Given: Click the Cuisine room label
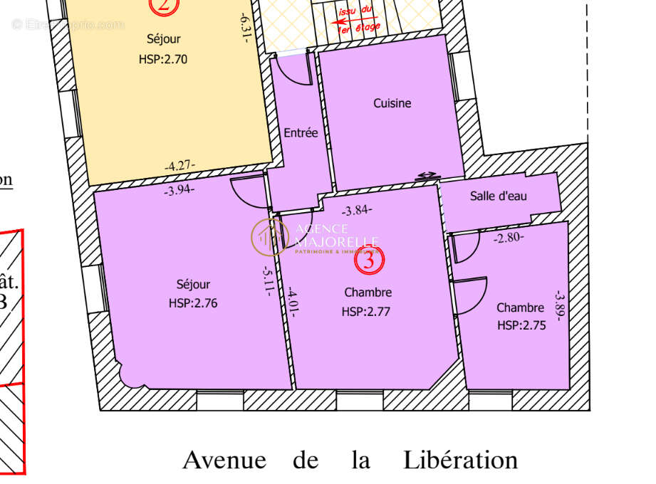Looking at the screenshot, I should coord(392,103).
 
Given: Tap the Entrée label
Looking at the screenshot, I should coord(301,132).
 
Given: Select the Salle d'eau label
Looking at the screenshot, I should coord(499,196).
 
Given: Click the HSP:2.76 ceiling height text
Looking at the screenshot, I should coord(193,302).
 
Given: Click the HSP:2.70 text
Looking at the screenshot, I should coord(163,59).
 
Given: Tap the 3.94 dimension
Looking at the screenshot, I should coord(179,191).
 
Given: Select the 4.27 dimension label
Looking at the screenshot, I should coord(180,166).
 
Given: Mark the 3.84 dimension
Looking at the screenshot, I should coord(357,210).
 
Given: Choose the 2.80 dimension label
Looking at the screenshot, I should coord(509,238).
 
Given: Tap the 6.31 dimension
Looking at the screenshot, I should coord(244,27).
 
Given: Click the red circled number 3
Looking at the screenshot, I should coord(369,260).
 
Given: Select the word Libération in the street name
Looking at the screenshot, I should coord(460,460).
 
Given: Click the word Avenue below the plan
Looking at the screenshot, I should coord(224,460).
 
